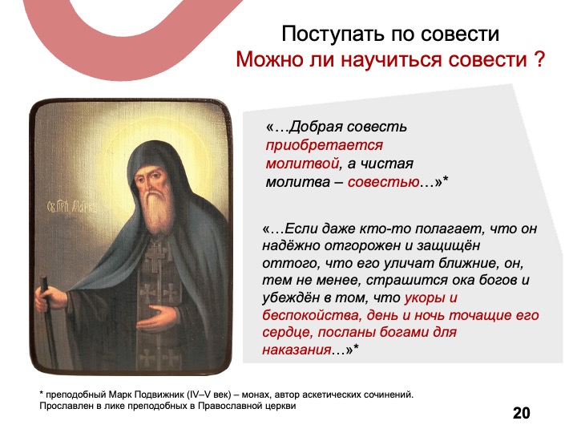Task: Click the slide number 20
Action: click(x=522, y=413)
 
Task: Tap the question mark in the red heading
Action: click(x=539, y=59)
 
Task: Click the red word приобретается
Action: click(x=325, y=145)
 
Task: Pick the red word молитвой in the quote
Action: click(x=302, y=163)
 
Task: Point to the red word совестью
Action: click(x=383, y=182)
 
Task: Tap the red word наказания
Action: click(x=297, y=349)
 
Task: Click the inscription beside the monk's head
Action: click(x=72, y=205)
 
